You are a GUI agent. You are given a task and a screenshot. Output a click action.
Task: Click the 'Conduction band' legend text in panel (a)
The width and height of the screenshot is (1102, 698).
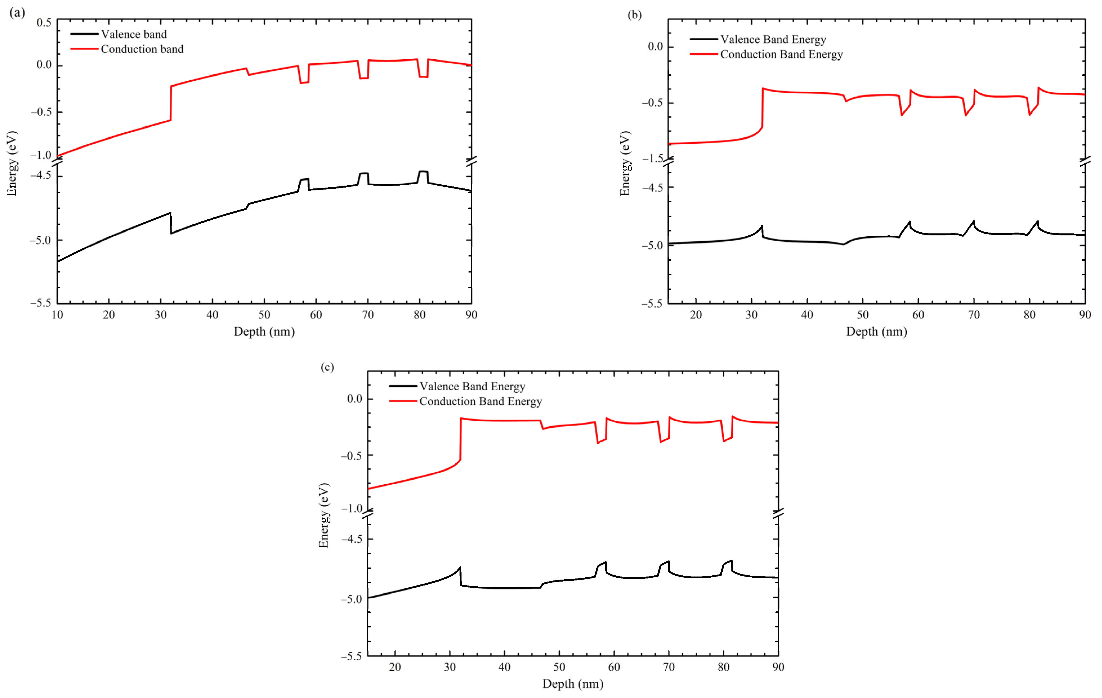[142, 49]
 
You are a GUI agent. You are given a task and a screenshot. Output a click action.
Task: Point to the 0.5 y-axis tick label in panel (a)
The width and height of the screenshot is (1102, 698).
[44, 22]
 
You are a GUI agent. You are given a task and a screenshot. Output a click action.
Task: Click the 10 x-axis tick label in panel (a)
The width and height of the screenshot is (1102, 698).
[57, 315]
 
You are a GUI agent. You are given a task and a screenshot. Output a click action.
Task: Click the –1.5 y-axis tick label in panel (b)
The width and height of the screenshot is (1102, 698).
[652, 158]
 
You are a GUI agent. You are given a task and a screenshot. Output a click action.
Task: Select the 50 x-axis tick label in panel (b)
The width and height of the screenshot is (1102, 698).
[862, 315]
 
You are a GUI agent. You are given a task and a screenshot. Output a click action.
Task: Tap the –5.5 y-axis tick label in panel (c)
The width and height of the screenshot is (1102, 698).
[351, 656]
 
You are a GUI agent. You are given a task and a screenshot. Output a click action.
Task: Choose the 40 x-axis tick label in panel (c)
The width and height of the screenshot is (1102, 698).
[504, 667]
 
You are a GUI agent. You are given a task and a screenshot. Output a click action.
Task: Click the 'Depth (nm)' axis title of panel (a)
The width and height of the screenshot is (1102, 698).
[264, 332]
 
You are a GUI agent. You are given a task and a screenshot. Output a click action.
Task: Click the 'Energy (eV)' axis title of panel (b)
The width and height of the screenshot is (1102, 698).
[625, 163]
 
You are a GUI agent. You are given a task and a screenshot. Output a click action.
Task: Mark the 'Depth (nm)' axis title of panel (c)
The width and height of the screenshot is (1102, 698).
[572, 684]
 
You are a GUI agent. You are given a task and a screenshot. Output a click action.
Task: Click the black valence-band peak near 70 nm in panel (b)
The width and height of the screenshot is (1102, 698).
[973, 222]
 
